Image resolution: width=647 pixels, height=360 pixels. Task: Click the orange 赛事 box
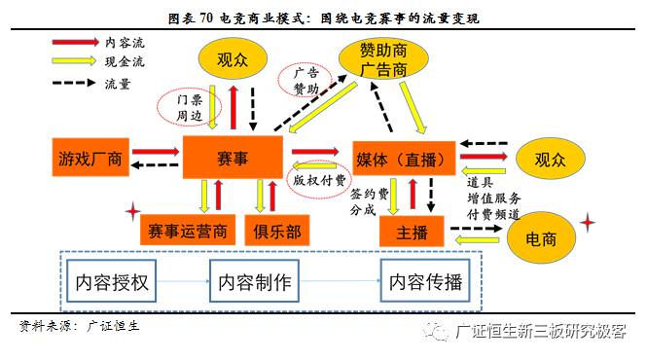234,157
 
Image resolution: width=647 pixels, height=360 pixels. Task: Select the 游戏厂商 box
90,159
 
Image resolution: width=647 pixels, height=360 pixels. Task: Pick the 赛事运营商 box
188,231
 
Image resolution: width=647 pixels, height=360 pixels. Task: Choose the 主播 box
405,232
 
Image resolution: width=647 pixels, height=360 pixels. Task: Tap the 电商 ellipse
541,238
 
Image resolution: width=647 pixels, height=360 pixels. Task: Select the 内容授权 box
113,282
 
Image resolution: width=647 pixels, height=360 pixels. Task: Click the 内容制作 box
254,282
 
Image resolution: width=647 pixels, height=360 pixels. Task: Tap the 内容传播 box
426,282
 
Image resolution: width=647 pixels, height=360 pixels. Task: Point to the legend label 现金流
124,62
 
